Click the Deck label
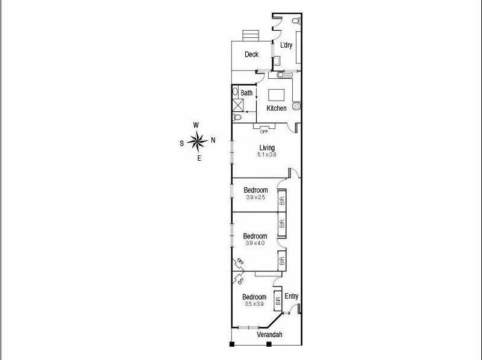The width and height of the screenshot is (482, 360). (x=251, y=54)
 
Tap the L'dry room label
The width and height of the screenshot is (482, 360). (x=286, y=45)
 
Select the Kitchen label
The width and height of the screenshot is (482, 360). (x=277, y=108)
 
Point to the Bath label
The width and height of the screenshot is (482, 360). (x=246, y=93)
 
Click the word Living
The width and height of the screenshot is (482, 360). (x=267, y=147)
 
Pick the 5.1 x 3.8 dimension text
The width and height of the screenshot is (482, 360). (x=267, y=155)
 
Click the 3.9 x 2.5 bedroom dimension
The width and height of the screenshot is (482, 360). (x=255, y=197)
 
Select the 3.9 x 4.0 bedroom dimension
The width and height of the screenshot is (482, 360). (x=255, y=243)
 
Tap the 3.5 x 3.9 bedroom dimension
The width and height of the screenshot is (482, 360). (x=254, y=304)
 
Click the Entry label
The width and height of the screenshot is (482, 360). (x=291, y=296)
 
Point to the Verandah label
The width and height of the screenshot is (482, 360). (x=269, y=335)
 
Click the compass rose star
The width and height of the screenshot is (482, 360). (x=197, y=141)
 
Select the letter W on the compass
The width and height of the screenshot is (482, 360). (x=196, y=125)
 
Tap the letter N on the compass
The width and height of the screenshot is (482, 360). (x=213, y=141)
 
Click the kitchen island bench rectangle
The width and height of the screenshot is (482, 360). (x=276, y=95)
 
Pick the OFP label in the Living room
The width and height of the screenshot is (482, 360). (x=264, y=131)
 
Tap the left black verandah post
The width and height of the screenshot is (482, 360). (x=231, y=344)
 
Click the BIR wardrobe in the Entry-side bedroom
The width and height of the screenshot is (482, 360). (x=278, y=302)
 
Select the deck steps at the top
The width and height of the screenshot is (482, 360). (x=250, y=36)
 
